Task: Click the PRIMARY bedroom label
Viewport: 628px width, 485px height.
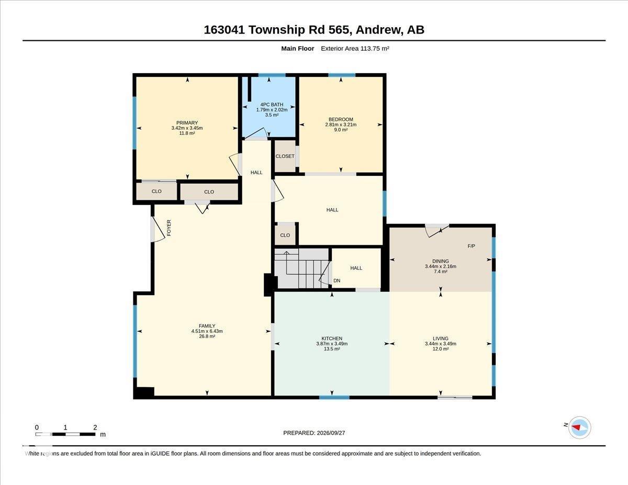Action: (187, 123)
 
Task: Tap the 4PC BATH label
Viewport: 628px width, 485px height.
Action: (272, 105)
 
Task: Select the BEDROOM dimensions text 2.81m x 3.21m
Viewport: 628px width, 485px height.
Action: (341, 125)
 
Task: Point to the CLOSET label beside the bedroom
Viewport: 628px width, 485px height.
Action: (285, 156)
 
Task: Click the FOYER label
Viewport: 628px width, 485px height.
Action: (169, 228)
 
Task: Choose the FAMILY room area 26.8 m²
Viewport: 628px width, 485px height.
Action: (207, 336)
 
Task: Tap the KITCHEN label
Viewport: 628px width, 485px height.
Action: (332, 339)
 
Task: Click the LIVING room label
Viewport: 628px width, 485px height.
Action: (441, 339)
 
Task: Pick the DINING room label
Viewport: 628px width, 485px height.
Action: (441, 261)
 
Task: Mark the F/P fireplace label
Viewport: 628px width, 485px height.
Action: (471, 246)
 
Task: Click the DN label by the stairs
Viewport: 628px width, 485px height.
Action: (337, 280)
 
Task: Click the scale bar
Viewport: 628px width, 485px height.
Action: (65, 434)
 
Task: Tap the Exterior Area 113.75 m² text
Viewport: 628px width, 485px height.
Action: (355, 49)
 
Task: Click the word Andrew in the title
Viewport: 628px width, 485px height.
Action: (379, 30)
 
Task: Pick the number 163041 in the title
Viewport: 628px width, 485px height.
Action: (225, 30)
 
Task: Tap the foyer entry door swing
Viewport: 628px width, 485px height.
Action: (158, 229)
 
